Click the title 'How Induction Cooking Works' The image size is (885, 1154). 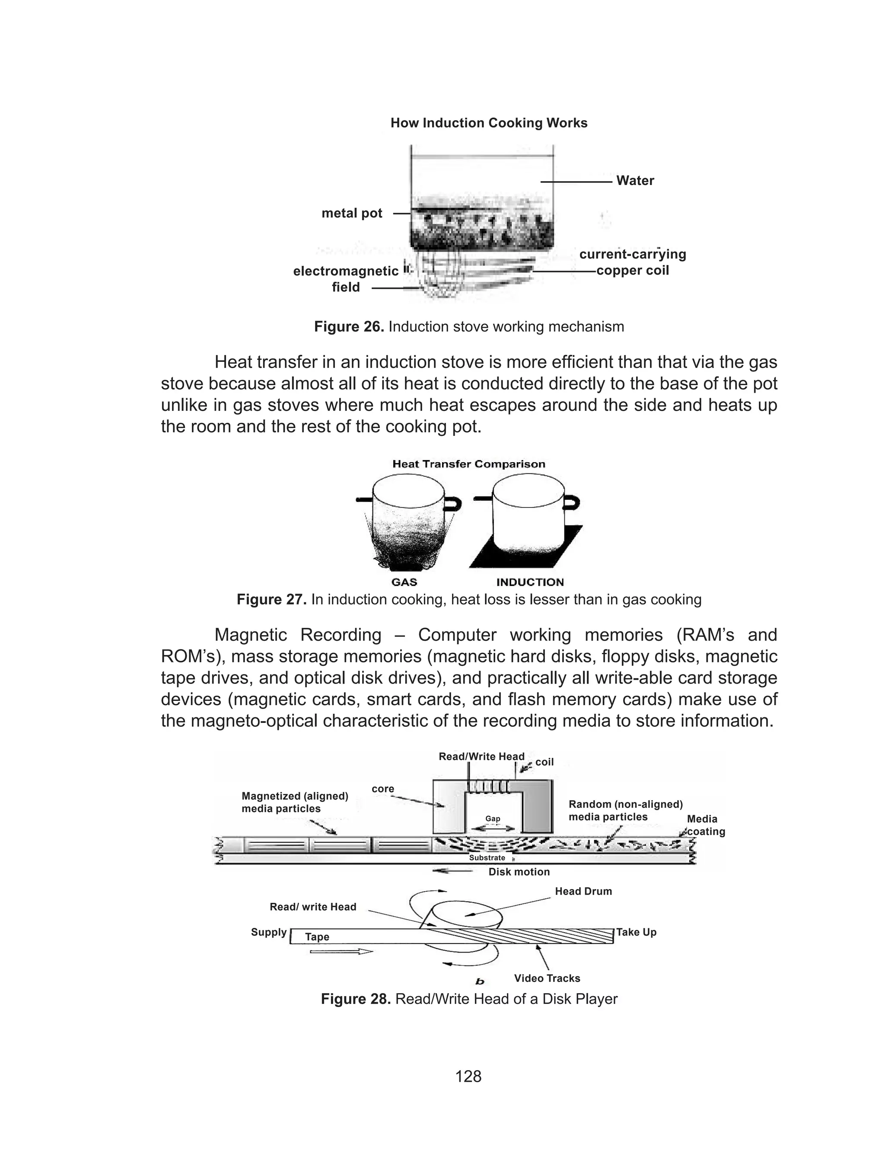488,123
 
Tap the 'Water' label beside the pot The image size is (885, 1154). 635,181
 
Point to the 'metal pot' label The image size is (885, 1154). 352,214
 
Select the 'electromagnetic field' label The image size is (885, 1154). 346,279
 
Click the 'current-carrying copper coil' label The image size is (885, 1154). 632,262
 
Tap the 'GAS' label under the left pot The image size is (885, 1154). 404,582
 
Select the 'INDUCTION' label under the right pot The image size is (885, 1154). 530,582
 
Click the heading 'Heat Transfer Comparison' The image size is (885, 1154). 468,464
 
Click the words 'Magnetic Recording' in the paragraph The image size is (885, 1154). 298,635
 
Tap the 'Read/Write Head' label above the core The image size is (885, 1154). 481,757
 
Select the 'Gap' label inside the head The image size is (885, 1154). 493,818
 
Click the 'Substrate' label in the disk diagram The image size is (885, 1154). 487,858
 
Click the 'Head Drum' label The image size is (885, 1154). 583,891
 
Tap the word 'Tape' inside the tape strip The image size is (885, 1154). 317,937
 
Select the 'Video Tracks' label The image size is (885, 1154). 547,978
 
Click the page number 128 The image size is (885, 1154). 468,1076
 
